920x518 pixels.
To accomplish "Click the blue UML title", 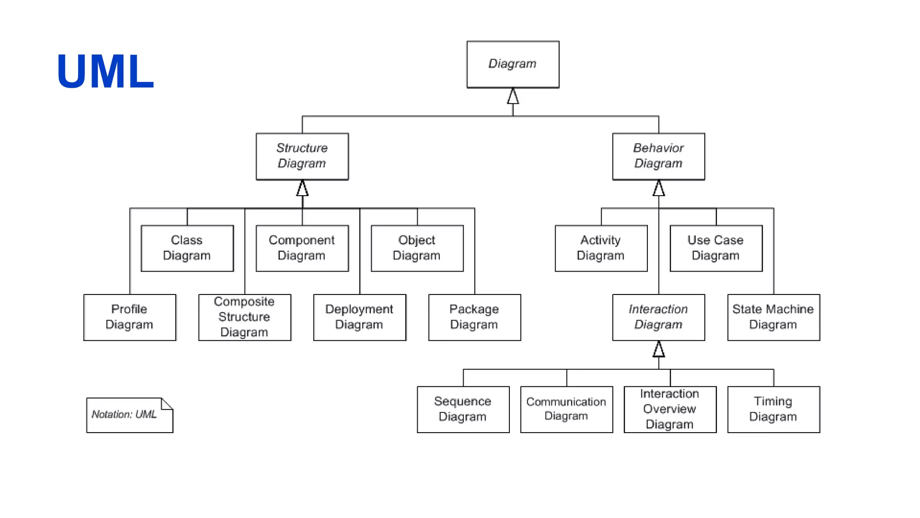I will click(x=105, y=71).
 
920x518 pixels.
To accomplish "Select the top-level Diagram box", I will click(x=513, y=64).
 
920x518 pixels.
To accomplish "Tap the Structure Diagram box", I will click(x=302, y=156).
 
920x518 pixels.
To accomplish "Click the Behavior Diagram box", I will click(x=658, y=156).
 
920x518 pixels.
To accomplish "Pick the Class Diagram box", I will click(x=187, y=248).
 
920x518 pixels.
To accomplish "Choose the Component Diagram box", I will click(x=302, y=248).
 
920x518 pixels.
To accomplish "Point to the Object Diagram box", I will click(x=417, y=248).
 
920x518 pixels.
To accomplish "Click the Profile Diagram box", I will click(x=129, y=317).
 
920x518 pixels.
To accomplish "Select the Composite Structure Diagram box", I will click(x=244, y=317).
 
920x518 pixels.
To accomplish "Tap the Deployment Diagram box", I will click(x=359, y=317).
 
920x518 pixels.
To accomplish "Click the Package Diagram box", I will click(x=474, y=317).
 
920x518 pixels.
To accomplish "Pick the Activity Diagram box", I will click(x=601, y=248).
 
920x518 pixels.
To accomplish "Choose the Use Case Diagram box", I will click(x=716, y=248).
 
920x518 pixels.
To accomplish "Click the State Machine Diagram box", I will click(x=773, y=317).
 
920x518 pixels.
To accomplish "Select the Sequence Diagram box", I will click(x=463, y=409).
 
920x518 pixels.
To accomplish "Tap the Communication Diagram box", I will click(x=566, y=409).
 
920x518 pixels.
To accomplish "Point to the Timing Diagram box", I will click(x=773, y=409).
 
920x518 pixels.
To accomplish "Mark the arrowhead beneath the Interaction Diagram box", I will click(x=659, y=349).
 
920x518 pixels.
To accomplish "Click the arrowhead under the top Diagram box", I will click(x=513, y=96).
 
